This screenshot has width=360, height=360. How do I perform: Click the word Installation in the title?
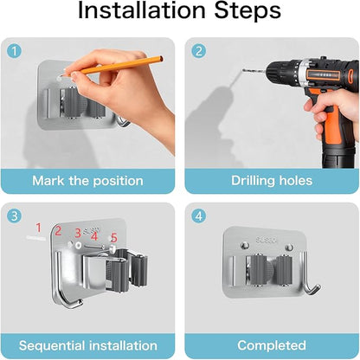[142, 10]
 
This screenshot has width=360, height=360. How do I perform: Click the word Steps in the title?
[247, 10]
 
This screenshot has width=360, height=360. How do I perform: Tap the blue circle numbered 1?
[14, 51]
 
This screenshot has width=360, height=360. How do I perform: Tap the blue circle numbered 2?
[199, 51]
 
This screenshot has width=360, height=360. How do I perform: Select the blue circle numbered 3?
[14, 215]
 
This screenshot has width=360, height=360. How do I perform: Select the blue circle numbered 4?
[199, 215]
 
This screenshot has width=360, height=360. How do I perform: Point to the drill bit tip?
[243, 70]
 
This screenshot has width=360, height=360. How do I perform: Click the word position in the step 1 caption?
[118, 182]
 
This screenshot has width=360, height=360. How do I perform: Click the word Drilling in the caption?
[254, 181]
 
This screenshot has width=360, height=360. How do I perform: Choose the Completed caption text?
[272, 345]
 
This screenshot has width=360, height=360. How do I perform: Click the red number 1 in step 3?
[39, 228]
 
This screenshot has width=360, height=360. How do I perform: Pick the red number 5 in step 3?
[114, 238]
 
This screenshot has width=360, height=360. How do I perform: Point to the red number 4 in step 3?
[94, 236]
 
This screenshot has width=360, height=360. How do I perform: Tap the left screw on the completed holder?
[245, 246]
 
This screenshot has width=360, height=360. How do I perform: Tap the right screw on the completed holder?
[289, 247]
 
